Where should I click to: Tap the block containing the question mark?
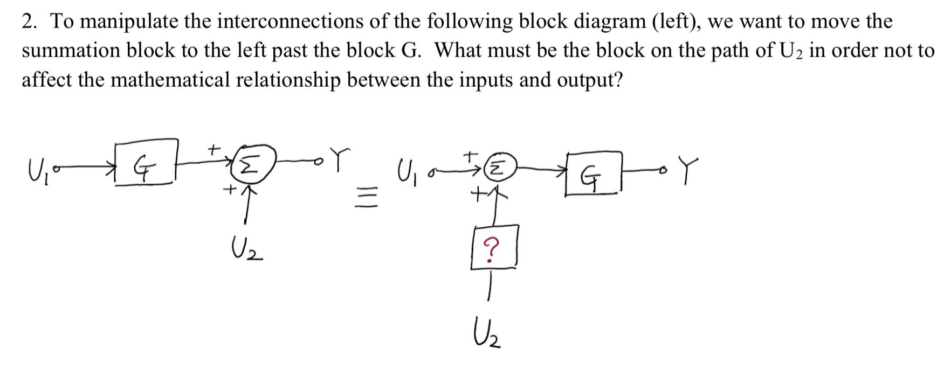coord(494,247)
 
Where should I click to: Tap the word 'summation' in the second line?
coord(70,51)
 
